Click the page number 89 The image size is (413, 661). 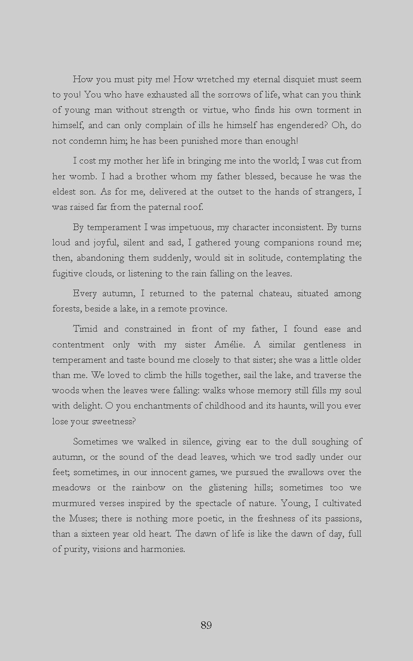(x=206, y=625)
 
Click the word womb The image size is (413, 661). (x=82, y=177)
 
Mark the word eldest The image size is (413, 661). (x=63, y=192)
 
